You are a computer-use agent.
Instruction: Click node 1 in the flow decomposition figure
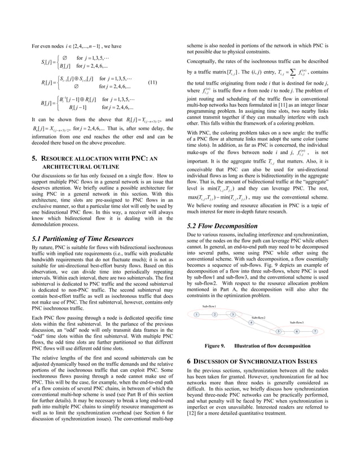(196, 314)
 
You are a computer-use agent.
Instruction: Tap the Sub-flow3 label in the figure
(297, 322)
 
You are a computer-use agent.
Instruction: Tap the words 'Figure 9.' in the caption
(215, 345)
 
